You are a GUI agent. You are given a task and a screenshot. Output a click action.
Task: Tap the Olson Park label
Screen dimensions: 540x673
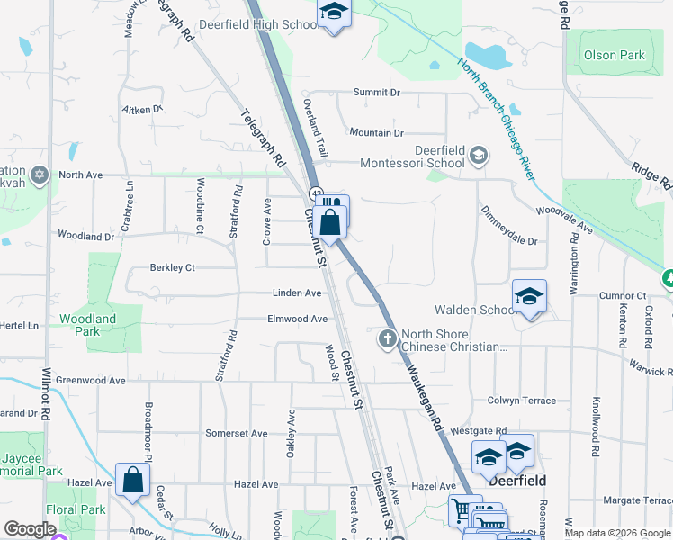[x=615, y=55]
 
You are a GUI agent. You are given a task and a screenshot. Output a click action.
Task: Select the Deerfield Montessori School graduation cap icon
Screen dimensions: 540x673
[x=479, y=156]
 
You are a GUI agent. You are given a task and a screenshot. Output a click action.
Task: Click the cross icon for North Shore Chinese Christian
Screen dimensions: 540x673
[x=388, y=338]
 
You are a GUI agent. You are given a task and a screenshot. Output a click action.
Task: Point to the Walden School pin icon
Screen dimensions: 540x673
[x=530, y=297]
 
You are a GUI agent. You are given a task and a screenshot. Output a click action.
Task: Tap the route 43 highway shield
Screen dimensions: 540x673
[x=317, y=193]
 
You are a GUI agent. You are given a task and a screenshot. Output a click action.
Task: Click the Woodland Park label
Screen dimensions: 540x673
[x=88, y=325]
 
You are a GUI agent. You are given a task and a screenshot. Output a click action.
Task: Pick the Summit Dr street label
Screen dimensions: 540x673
[x=376, y=92]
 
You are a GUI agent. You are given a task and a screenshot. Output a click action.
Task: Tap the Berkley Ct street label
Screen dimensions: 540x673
[x=172, y=267]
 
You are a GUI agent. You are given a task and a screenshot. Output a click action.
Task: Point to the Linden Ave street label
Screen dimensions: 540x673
[x=297, y=293]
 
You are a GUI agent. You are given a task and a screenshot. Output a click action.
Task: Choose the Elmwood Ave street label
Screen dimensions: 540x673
[x=297, y=319]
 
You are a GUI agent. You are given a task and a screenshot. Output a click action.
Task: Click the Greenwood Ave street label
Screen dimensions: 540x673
[x=91, y=381]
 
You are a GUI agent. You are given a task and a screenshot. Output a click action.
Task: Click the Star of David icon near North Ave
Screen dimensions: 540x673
[x=39, y=174]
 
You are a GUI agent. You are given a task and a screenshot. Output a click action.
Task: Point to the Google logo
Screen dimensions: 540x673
[x=30, y=529]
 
